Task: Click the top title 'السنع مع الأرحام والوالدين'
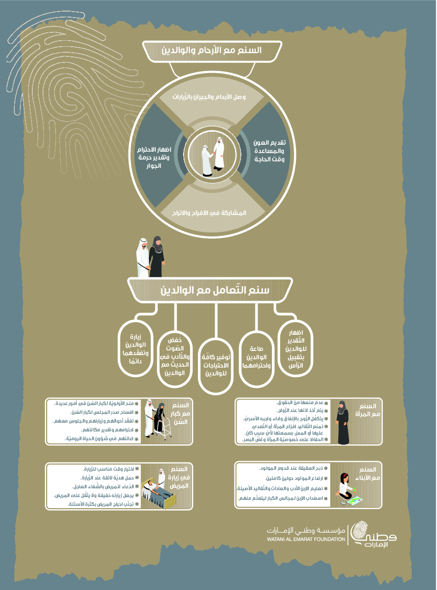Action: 212,50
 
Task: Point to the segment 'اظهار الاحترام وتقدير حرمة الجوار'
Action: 154,158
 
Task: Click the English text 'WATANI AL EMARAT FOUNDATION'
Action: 306,539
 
